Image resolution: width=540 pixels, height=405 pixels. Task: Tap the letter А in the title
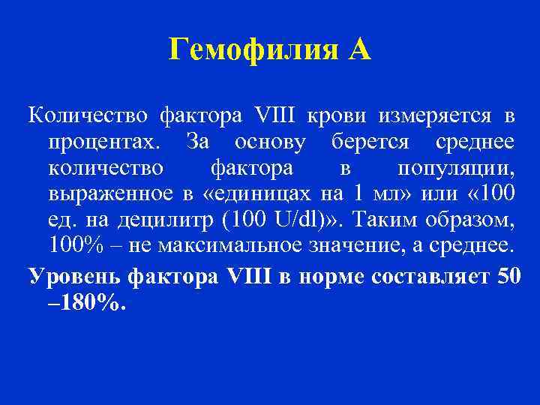358,50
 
